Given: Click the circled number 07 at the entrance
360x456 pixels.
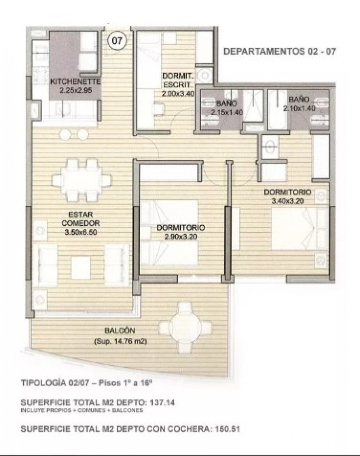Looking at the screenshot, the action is pos(117,41).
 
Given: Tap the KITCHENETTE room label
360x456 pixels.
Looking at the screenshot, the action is pos(76,82).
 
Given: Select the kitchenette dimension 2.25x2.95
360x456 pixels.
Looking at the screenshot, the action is pos(76,90).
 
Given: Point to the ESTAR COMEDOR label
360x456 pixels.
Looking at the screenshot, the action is pos(81,219).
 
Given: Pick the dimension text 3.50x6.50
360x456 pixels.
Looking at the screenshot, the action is pos(81,232).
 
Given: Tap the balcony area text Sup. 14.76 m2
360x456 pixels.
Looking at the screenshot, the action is pos(120,341).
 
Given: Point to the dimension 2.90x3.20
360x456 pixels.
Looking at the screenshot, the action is pos(180,237).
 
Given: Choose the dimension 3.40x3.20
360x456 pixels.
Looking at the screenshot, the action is pos(288,201).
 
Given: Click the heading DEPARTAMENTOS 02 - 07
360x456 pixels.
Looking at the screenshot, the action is pos(279,52).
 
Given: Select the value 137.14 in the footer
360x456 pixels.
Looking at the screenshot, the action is pos(162,403).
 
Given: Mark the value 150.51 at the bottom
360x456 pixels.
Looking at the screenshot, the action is pos(227,429).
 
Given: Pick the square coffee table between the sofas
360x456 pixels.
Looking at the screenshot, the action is pos(81,267).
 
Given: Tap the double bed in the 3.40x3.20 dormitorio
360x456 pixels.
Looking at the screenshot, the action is pos(300,228).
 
